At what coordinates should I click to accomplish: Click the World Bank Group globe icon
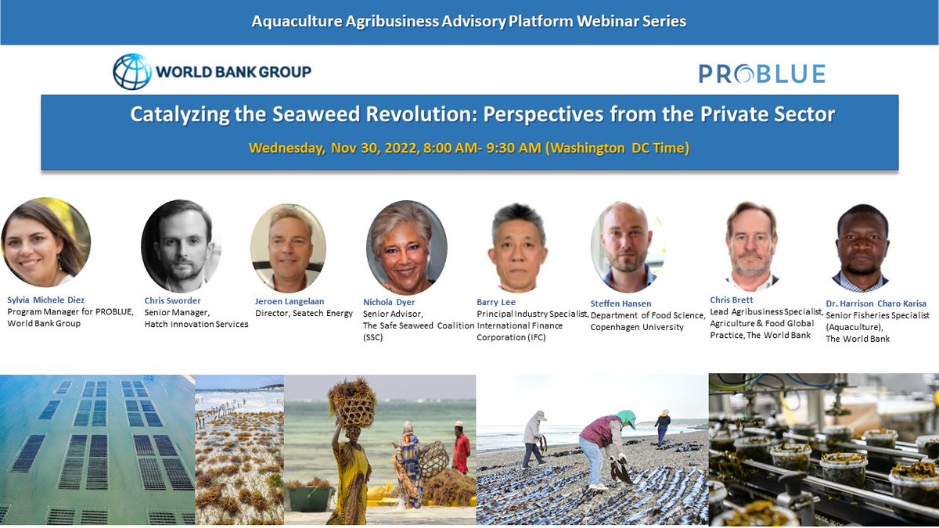pyautogui.click(x=132, y=72)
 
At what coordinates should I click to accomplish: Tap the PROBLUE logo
pyautogui.click(x=761, y=74)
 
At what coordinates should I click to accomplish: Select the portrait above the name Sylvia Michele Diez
pyautogui.click(x=45, y=242)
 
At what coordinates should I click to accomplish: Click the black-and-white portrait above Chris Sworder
pyautogui.click(x=181, y=246)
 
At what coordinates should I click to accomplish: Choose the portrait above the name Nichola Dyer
pyautogui.click(x=406, y=248)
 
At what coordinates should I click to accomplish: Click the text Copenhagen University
pyautogui.click(x=637, y=327)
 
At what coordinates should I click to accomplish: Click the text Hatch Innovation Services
pyautogui.click(x=196, y=324)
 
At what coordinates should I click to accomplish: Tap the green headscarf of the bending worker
pyautogui.click(x=625, y=418)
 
